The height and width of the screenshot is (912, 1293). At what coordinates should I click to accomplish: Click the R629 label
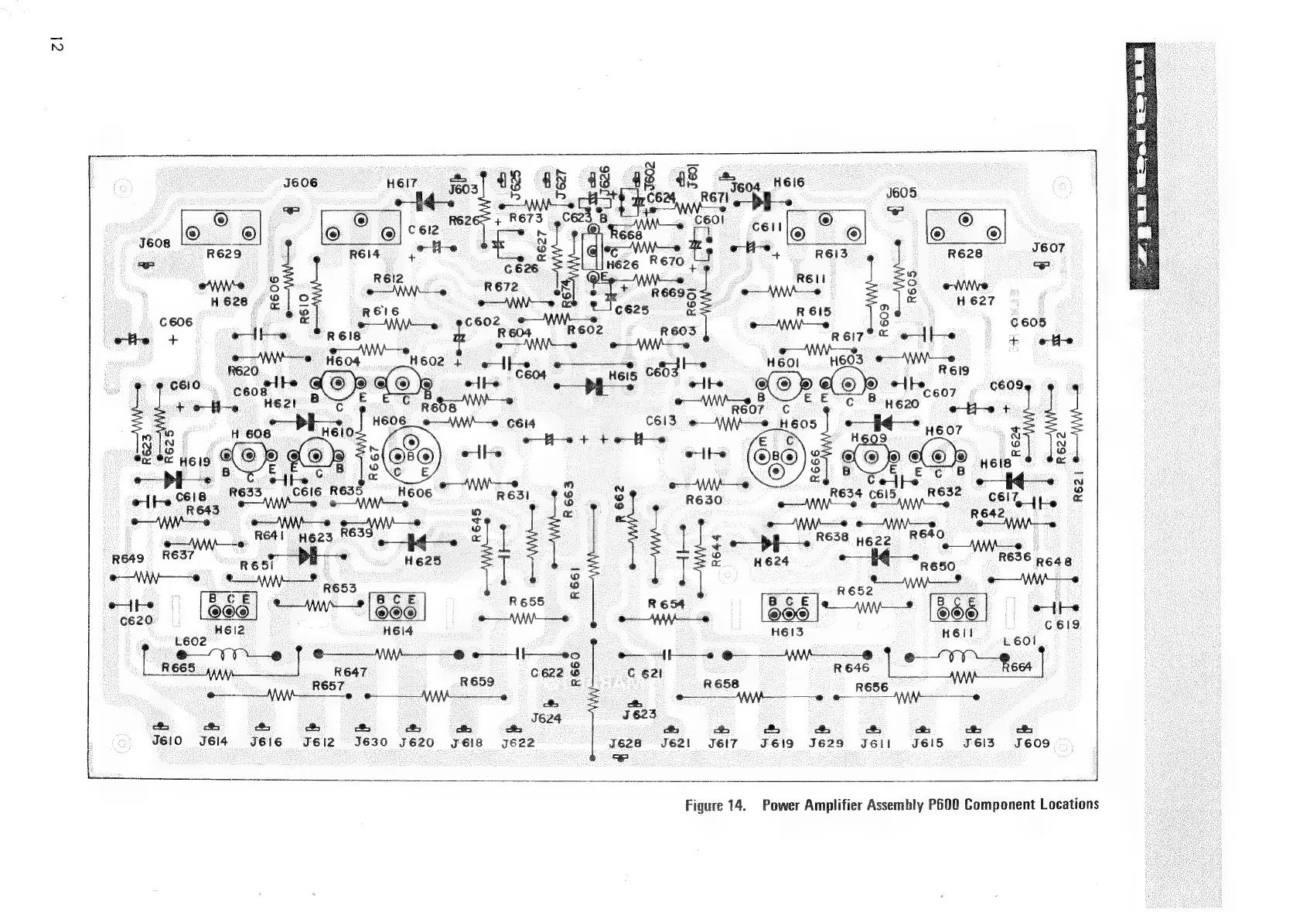click(224, 254)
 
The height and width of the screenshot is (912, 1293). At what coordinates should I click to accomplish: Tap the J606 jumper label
click(300, 183)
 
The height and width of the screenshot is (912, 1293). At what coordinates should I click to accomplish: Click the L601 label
click(1018, 641)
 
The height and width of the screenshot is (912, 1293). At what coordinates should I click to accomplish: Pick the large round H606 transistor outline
click(411, 456)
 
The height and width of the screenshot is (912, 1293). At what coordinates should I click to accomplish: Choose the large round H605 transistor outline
click(776, 456)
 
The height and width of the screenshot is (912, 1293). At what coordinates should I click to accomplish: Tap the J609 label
click(1032, 743)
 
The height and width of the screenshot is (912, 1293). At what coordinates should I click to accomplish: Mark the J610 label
click(167, 741)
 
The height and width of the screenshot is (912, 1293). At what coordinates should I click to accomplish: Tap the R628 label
click(965, 254)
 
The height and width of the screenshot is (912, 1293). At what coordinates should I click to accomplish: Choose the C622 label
click(547, 673)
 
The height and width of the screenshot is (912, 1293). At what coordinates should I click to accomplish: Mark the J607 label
click(1048, 248)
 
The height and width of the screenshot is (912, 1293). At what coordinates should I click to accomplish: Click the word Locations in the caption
click(1069, 804)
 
